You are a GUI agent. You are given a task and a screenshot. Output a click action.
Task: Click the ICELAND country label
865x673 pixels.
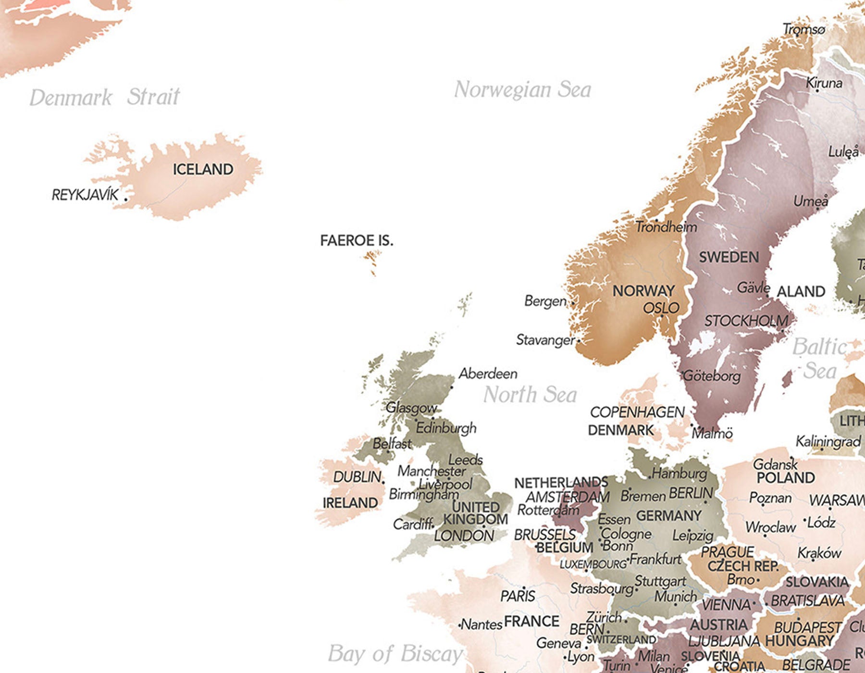click(203, 169)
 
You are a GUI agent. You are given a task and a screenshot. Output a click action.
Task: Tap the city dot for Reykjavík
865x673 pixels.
click(126, 199)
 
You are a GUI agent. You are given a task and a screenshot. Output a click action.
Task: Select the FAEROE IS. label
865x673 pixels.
click(357, 240)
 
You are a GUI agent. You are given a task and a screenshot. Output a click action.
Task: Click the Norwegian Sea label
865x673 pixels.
click(522, 90)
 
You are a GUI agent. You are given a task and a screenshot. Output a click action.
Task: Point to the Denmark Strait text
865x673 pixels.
click(105, 97)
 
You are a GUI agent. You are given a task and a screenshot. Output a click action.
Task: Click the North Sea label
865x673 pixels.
click(530, 395)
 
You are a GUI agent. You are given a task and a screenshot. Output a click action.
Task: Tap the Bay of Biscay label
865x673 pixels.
click(395, 654)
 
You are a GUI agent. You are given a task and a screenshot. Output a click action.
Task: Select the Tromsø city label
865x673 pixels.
click(803, 29)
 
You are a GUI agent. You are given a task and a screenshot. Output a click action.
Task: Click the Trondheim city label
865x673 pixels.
click(666, 227)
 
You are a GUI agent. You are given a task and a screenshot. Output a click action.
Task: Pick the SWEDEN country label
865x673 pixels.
click(729, 257)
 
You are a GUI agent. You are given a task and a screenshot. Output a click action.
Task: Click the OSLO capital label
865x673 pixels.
click(661, 308)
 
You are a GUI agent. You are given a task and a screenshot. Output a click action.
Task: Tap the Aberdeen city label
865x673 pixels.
click(488, 374)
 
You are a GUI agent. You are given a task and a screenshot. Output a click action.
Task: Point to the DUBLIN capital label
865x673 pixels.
click(357, 477)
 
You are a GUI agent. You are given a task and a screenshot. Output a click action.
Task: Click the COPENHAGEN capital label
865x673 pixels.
click(637, 412)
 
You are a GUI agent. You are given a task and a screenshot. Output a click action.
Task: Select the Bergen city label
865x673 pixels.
click(545, 301)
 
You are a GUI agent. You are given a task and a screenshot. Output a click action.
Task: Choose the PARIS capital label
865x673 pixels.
click(518, 596)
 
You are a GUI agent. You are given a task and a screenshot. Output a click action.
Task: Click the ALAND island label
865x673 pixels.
click(801, 291)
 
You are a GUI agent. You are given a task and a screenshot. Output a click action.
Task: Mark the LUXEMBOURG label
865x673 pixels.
click(593, 564)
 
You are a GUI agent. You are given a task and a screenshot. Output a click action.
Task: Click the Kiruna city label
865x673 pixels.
click(824, 83)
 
